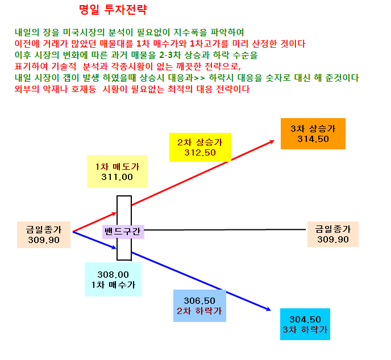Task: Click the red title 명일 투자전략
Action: pyautogui.click(x=113, y=10)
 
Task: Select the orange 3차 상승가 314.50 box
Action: pyautogui.click(x=313, y=134)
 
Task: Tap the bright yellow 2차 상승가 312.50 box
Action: pyautogui.click(x=200, y=147)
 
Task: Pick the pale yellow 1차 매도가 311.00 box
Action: pyautogui.click(x=117, y=171)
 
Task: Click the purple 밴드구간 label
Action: pyautogui.click(x=123, y=232)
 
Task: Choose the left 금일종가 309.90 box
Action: pyautogui.click(x=44, y=235)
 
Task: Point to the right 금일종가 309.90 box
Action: pyautogui.click(x=333, y=234)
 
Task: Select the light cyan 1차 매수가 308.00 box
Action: pyautogui.click(x=113, y=279)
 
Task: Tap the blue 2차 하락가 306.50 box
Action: pyautogui.click(x=199, y=305)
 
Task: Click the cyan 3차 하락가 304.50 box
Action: pyautogui.click(x=305, y=324)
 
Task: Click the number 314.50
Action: pyautogui.click(x=313, y=139)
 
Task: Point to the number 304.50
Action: pyautogui.click(x=305, y=319)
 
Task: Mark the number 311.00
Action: pyautogui.click(x=117, y=177)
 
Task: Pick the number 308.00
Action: pyautogui.click(x=113, y=275)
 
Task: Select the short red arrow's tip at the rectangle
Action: pyautogui.click(x=117, y=213)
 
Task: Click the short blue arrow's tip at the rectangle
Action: pyautogui.click(x=117, y=248)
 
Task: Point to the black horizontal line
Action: pyautogui.click(x=225, y=230)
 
